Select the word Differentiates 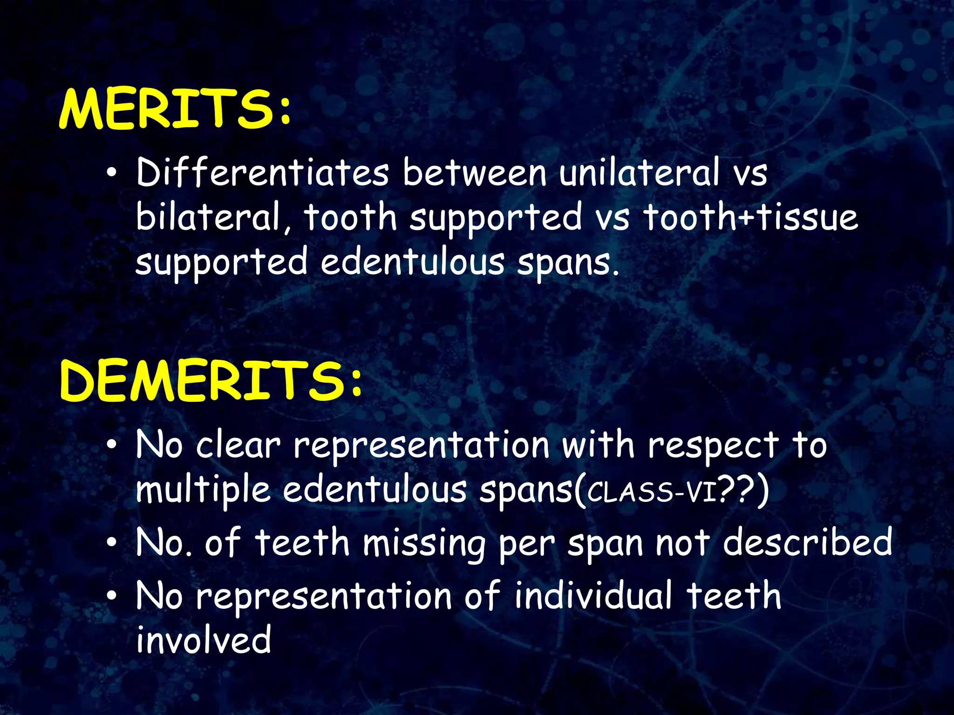pyautogui.click(x=262, y=172)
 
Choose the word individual pyautogui.click(x=593, y=595)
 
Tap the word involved pyautogui.click(x=204, y=639)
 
